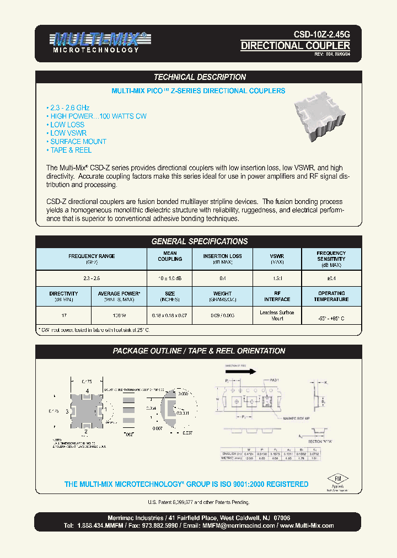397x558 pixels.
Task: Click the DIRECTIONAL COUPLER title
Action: point(295,46)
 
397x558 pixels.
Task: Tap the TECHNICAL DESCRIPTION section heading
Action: point(199,77)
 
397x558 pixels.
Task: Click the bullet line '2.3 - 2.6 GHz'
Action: point(68,108)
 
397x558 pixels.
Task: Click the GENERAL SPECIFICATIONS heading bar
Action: point(199,242)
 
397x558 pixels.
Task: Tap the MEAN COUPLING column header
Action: point(170,256)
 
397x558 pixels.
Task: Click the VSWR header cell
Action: point(277,256)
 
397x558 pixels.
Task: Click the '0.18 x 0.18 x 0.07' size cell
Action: point(170,316)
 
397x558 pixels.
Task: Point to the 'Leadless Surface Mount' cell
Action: point(277,315)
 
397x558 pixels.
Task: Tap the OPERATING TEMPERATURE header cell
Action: point(331,296)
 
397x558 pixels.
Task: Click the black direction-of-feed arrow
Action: point(241,371)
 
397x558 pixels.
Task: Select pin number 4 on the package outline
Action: point(87,391)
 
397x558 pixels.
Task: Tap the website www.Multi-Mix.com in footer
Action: point(307,525)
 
